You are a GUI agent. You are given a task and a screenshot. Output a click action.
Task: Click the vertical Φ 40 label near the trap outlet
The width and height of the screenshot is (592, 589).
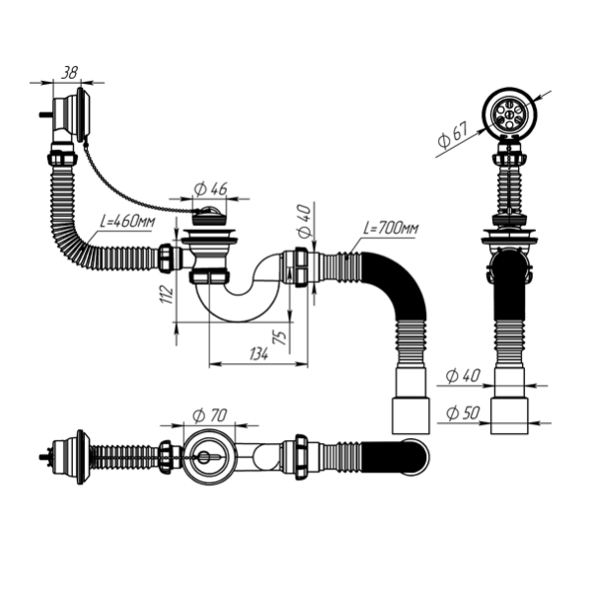[303, 221]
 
